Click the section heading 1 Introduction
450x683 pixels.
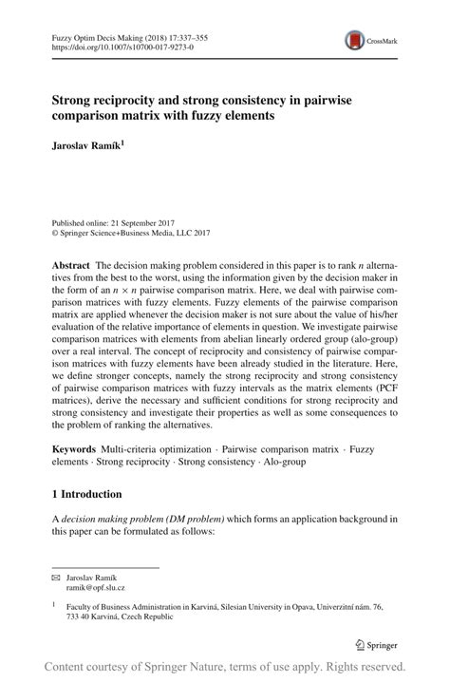pos(85,494)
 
